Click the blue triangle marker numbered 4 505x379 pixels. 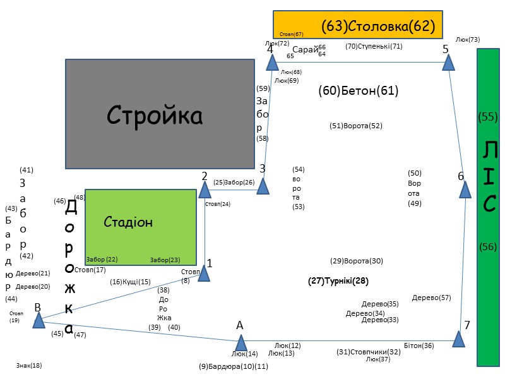(271, 62)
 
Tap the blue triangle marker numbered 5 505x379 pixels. (448, 62)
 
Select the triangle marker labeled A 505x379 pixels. (241, 343)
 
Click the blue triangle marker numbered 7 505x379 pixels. (459, 339)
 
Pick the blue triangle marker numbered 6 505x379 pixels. (465, 189)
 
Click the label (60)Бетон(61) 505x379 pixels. (359, 91)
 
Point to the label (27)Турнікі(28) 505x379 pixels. (338, 280)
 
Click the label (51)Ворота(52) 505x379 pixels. (356, 126)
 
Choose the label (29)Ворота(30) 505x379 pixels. (357, 261)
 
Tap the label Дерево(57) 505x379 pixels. (432, 298)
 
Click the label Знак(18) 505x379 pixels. (29, 365)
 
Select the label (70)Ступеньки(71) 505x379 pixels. (374, 46)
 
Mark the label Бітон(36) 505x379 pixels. (419, 346)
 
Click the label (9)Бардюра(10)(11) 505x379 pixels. (234, 366)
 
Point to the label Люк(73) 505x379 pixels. (468, 39)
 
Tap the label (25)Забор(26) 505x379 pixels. (234, 183)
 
